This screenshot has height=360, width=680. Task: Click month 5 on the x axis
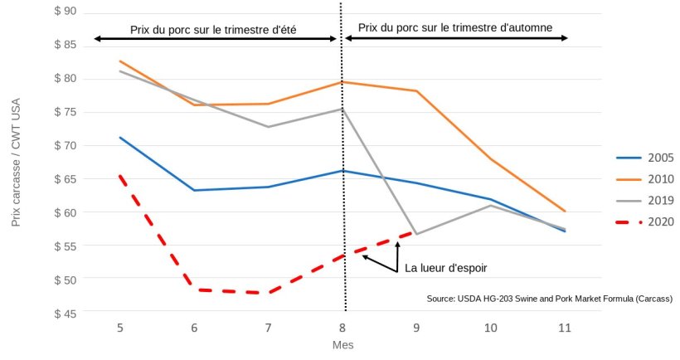120,328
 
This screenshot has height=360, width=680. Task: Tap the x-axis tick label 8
342,328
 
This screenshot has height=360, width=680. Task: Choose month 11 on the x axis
565,328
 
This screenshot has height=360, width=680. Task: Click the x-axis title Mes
342,344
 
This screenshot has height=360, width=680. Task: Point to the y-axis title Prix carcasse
16,163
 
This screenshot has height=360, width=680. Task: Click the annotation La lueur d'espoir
445,268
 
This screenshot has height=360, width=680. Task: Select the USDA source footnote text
549,299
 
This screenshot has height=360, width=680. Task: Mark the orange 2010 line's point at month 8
342,82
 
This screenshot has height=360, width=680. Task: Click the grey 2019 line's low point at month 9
416,234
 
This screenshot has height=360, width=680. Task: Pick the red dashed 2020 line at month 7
268,293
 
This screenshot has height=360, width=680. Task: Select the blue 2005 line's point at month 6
194,190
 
